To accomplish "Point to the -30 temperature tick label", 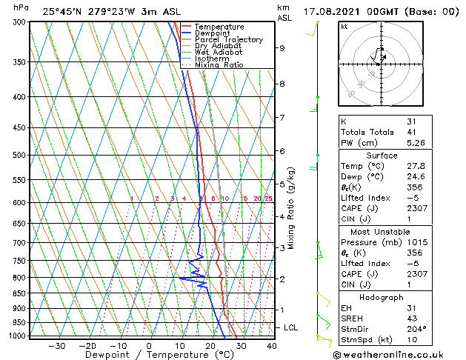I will (56, 346).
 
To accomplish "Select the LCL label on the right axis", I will (291, 327).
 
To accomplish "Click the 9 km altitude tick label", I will (282, 48).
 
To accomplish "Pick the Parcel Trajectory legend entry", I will (228, 39).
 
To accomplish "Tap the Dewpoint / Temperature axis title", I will (149, 356).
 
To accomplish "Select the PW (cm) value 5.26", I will (412, 143).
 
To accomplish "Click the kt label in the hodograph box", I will (344, 27).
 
